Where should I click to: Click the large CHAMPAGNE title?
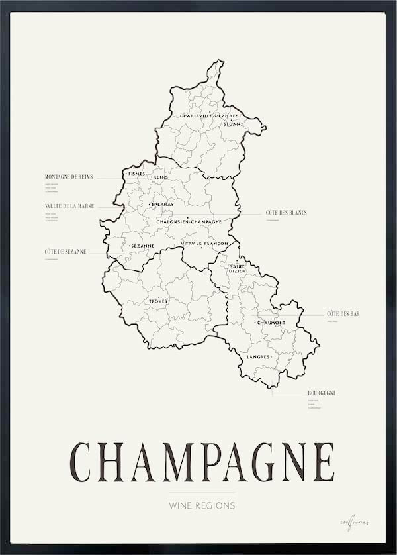point(202,462)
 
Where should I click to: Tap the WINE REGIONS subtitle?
point(202,505)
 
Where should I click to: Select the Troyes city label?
point(158,301)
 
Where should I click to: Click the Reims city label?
point(161,177)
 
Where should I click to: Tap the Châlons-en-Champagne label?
point(189,221)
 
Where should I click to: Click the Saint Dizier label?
point(238,269)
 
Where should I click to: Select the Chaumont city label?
point(271,323)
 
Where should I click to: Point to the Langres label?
point(259,357)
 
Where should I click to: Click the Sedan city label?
point(232,124)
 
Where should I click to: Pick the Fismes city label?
point(136,174)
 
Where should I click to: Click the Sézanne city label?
point(142,246)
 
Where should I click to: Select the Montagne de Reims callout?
point(68,177)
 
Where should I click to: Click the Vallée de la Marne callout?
point(69,206)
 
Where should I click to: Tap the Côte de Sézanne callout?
point(66,252)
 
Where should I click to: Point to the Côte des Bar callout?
point(343,313)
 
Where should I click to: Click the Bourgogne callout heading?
point(322,393)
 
